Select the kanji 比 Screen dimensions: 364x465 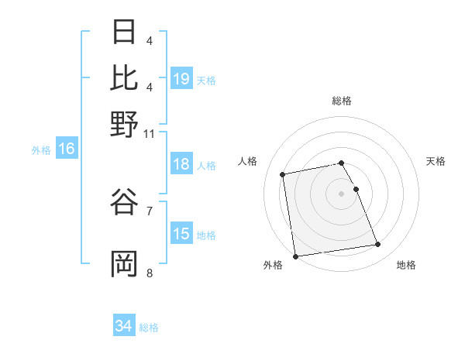(124, 77)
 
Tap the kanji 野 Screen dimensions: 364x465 (124, 124)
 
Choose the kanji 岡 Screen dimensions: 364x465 (124, 263)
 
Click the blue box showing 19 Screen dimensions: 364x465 (181, 79)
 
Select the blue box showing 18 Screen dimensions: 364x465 (181, 164)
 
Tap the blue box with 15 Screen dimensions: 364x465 (181, 234)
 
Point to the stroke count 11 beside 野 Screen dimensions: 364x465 (150, 133)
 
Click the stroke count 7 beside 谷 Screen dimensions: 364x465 (150, 210)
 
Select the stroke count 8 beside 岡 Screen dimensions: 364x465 (150, 273)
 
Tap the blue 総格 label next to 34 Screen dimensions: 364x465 (149, 328)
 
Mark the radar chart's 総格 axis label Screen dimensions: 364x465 (342, 101)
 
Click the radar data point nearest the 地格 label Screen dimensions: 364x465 (377, 245)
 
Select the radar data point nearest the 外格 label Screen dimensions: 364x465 (295, 256)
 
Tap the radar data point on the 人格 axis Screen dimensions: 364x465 (283, 173)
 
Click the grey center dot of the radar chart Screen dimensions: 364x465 (342, 193)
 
